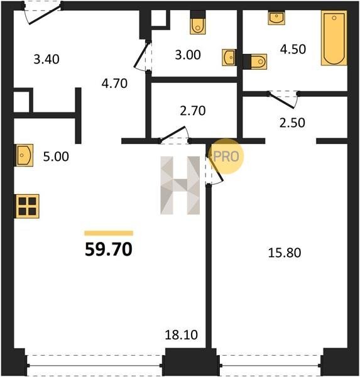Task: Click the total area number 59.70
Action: tap(109, 249)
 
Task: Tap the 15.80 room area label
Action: tap(285, 253)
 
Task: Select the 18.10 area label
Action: tap(182, 335)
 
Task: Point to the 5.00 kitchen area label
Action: tap(56, 156)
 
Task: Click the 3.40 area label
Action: tap(46, 59)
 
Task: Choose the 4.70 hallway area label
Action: tap(114, 84)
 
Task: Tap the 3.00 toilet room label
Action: tap(188, 55)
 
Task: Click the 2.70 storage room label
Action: tap(193, 111)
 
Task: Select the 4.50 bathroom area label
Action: tap(293, 49)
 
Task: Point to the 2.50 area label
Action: tap(292, 123)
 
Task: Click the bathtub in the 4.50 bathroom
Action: tap(334, 38)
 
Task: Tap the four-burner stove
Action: tap(27, 206)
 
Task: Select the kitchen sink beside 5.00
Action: tap(25, 155)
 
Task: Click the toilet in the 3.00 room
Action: tap(198, 23)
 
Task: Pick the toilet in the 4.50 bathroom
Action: tap(255, 62)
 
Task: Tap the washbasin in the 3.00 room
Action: tap(229, 57)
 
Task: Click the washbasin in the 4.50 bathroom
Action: tap(276, 18)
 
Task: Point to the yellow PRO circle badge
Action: tap(226, 156)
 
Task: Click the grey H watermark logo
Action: tap(180, 185)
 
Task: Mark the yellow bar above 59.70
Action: tap(109, 233)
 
